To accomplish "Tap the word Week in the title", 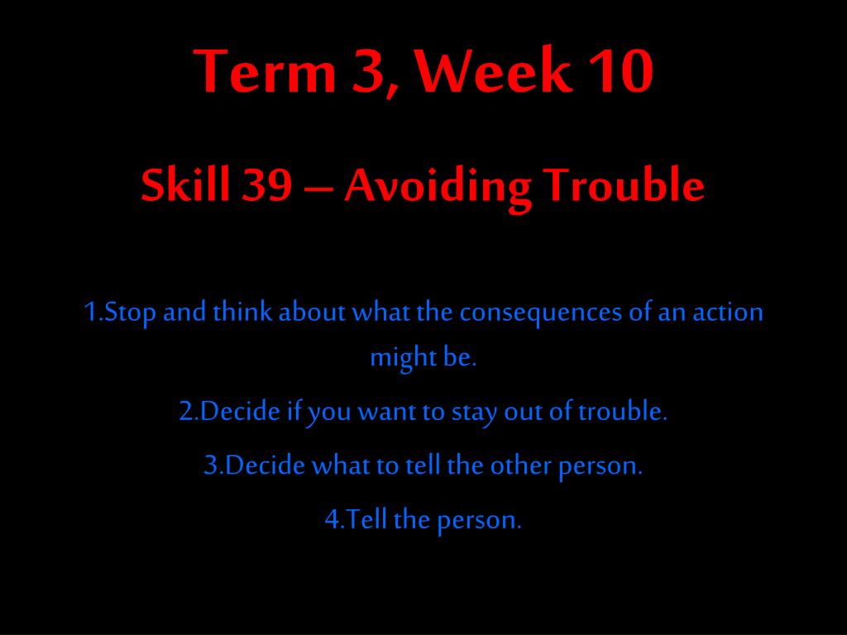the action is pyautogui.click(x=493, y=70).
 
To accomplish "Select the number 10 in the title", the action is pyautogui.click(x=620, y=71).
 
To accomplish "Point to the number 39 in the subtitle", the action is pyautogui.click(x=266, y=184).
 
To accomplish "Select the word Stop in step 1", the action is pyautogui.click(x=130, y=313).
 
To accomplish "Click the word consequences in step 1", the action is pyautogui.click(x=541, y=314).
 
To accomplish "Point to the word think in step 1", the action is pyautogui.click(x=242, y=312).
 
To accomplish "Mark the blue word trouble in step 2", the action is pyautogui.click(x=620, y=412).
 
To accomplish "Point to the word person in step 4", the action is pyautogui.click(x=477, y=522).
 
